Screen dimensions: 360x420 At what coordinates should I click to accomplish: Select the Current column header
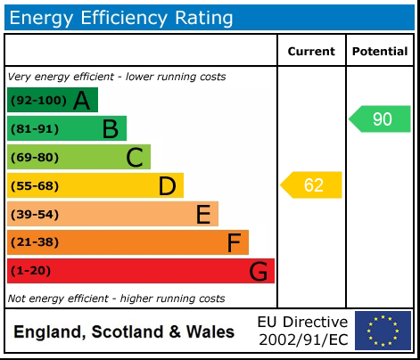pos(311,52)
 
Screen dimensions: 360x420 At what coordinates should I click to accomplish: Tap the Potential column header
pos(380,52)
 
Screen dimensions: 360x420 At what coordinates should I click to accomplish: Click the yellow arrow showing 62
pos(312,185)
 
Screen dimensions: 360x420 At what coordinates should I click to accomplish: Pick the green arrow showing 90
pos(381,119)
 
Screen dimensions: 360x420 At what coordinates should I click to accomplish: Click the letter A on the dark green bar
pos(81,101)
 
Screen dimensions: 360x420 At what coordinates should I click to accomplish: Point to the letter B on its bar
pos(110,129)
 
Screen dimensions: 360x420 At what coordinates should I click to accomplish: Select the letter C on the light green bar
pos(135,158)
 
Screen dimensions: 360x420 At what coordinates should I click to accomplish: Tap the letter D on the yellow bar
pos(167,186)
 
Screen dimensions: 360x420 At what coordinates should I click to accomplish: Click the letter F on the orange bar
pos(234,242)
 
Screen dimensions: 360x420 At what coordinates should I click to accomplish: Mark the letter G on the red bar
pos(258,271)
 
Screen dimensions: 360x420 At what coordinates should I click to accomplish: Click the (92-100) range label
pos(37,101)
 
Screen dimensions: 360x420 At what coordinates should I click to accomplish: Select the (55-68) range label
pos(34,186)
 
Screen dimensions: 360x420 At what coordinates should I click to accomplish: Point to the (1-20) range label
pos(31,271)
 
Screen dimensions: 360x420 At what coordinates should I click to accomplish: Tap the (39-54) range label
pos(34,214)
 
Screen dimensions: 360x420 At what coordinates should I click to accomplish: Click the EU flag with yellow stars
pos(383,331)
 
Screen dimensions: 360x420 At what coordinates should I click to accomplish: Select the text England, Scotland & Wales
pos(124,332)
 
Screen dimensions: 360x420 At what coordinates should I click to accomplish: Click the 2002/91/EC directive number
pos(302,340)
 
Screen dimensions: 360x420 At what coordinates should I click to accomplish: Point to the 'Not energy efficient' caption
pos(116,299)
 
